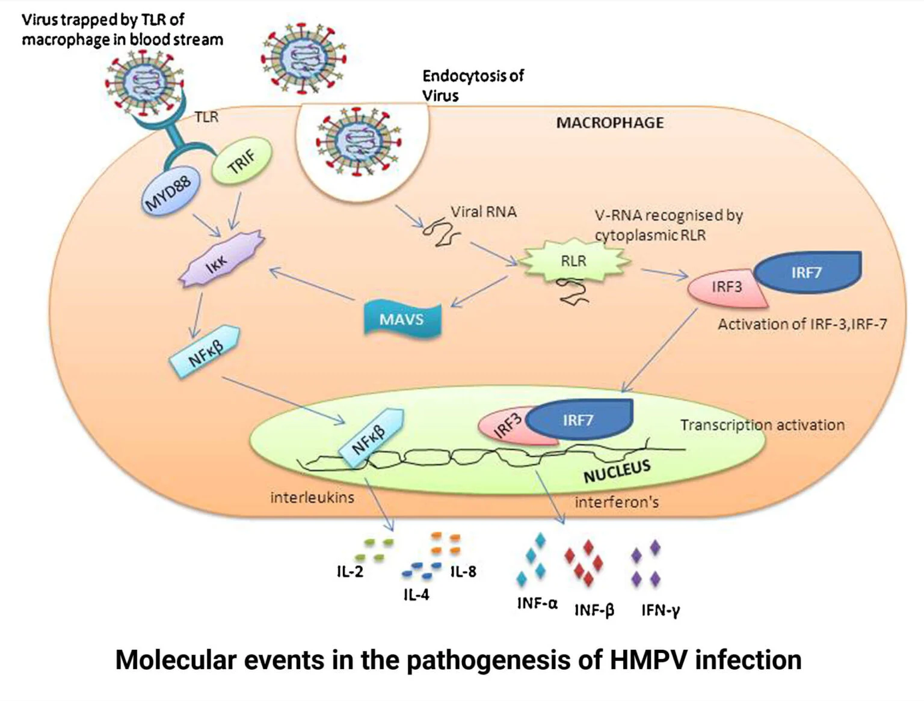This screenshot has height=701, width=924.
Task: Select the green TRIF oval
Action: click(x=242, y=161)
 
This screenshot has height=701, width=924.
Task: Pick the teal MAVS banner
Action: click(x=401, y=319)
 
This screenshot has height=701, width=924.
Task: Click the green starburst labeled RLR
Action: click(x=573, y=261)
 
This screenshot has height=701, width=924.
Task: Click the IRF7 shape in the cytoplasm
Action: click(x=807, y=272)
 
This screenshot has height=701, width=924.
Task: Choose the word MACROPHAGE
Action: click(x=609, y=123)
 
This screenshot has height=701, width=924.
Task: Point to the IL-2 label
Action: click(x=350, y=572)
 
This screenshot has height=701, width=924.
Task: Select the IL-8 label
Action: click(x=463, y=572)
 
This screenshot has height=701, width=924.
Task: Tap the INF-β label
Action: click(x=594, y=610)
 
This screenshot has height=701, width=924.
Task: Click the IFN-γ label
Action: click(x=661, y=610)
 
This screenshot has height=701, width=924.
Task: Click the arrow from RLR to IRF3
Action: click(x=664, y=274)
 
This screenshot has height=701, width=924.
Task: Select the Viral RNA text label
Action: click(x=484, y=212)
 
